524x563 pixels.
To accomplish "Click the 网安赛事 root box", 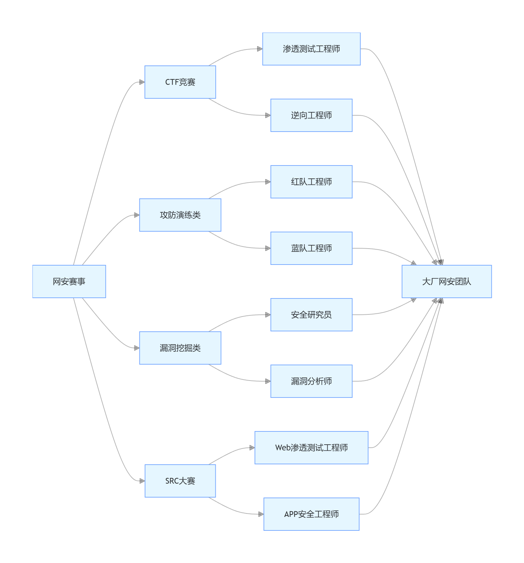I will [69, 281].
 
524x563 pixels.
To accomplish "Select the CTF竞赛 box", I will [180, 82].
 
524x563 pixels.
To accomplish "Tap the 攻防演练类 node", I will [180, 215].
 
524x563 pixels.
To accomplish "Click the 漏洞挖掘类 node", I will [180, 348].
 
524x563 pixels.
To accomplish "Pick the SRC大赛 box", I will [180, 481].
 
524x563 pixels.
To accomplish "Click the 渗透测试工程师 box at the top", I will [311, 49].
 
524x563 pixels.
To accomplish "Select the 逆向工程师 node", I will [311, 115].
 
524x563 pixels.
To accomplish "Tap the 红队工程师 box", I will [311, 182].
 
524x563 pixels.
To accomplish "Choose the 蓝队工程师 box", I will [311, 248].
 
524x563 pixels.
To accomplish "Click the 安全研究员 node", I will [311, 315].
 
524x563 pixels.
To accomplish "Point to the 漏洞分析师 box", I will [311, 381].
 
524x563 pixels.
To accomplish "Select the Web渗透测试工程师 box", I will [311, 448].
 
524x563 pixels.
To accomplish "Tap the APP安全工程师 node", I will [311, 514].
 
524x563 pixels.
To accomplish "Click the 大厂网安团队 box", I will [447, 281].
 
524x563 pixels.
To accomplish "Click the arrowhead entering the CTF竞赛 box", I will [142, 82].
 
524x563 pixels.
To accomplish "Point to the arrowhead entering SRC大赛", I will [142, 481].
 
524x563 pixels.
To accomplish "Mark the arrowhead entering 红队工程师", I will [268, 182].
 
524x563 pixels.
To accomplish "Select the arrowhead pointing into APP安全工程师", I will [261, 514].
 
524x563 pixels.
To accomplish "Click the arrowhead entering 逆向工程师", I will [268, 115].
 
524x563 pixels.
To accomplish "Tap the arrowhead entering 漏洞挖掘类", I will [137, 348].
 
